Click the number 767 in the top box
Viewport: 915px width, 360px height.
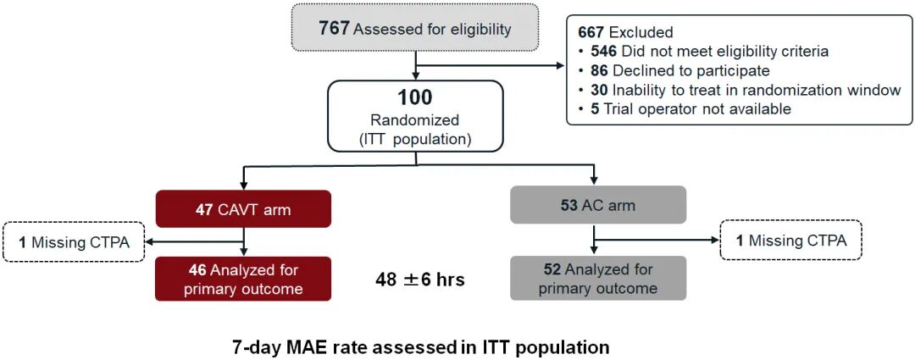pyautogui.click(x=335, y=28)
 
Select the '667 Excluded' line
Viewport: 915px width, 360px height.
pyautogui.click(x=627, y=31)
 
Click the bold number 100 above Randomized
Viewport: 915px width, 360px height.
pyautogui.click(x=415, y=97)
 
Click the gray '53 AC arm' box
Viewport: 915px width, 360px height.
pyautogui.click(x=598, y=205)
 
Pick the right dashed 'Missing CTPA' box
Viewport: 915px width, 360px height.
pyautogui.click(x=790, y=241)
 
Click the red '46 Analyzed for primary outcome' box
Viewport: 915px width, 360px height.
pyautogui.click(x=243, y=279)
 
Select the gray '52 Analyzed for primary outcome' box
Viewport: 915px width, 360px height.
pyautogui.click(x=598, y=279)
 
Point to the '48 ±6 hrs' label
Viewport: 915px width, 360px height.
pyautogui.click(x=421, y=280)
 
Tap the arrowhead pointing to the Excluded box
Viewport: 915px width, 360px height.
pyautogui.click(x=561, y=67)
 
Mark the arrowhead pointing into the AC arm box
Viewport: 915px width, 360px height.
pyautogui.click(x=594, y=180)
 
